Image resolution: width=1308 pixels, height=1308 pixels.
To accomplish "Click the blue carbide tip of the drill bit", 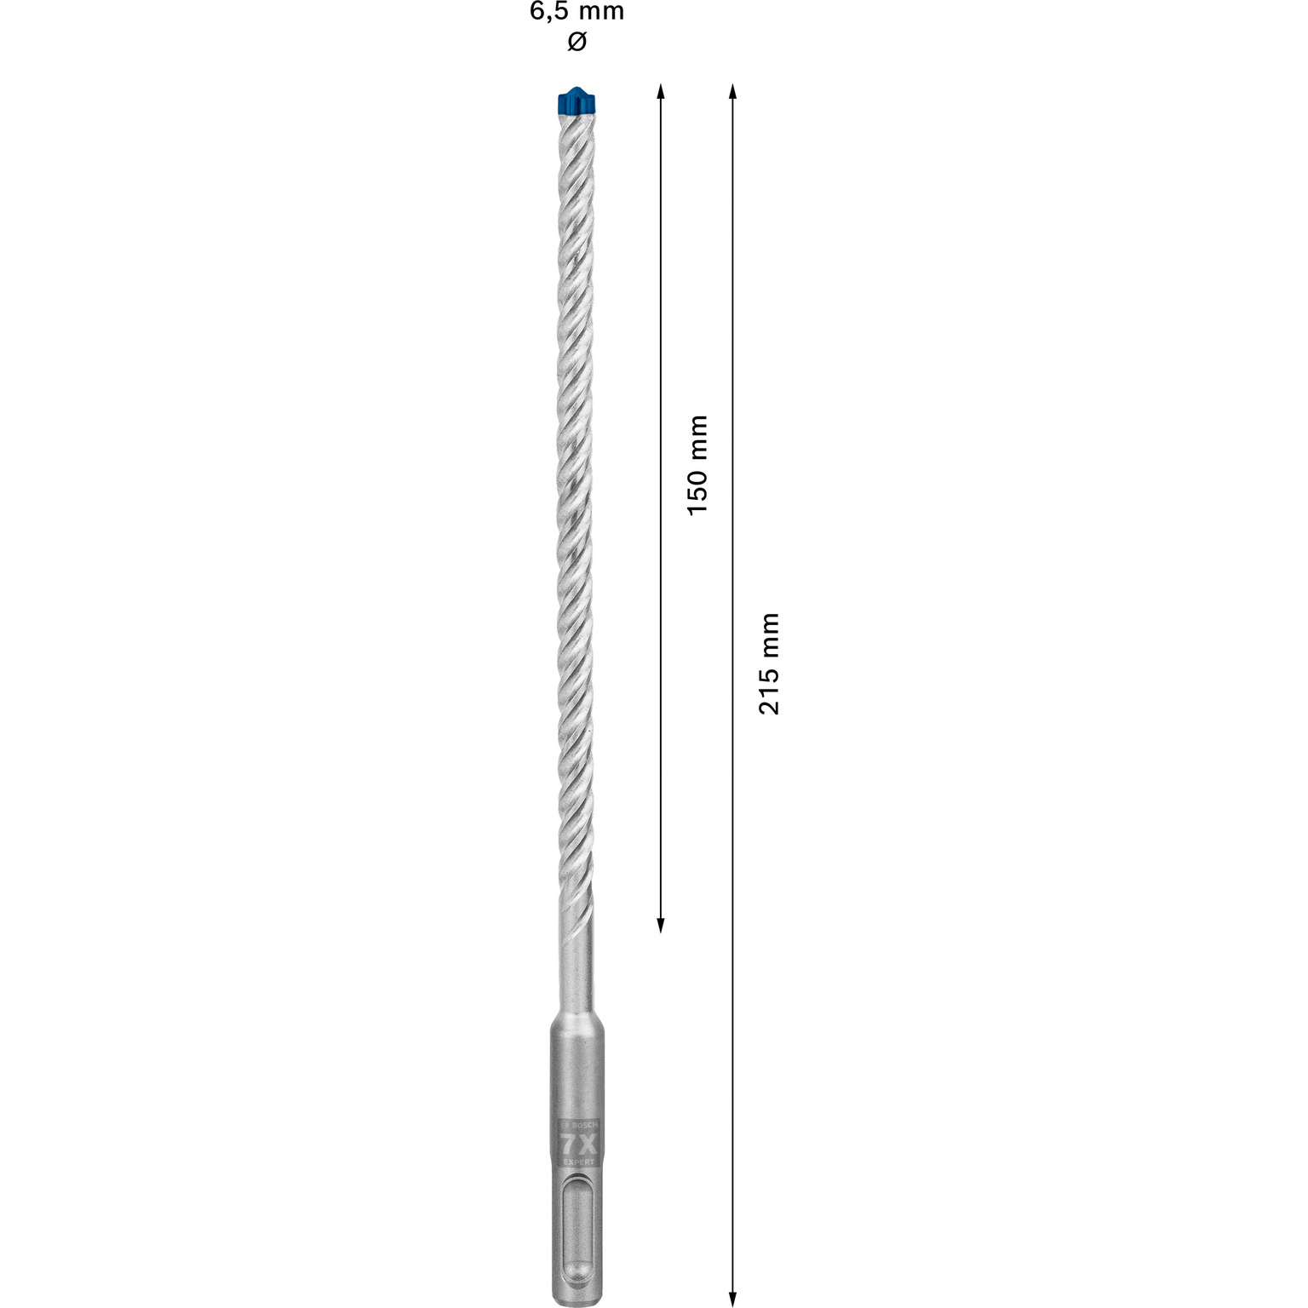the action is (577, 100).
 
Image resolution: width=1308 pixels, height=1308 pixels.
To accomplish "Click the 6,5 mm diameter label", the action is (577, 12).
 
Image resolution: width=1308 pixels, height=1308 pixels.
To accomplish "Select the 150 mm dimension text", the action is (697, 464).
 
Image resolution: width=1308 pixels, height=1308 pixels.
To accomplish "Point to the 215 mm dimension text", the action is (769, 663).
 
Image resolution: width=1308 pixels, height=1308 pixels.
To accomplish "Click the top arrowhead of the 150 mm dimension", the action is (660, 91).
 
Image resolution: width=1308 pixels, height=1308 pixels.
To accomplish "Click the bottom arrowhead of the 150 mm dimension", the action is (660, 924).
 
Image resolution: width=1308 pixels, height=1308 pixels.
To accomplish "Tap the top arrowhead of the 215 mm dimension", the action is (732, 91).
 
